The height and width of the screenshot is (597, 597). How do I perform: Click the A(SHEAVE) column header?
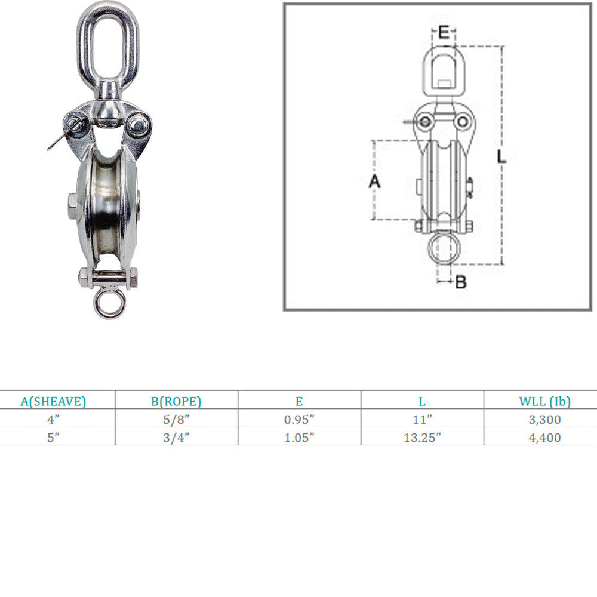tap(53, 401)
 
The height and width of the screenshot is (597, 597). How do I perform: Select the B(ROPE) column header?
tap(176, 401)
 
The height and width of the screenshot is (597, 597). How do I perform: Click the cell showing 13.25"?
tap(422, 438)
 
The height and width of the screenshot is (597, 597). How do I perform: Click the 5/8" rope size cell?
tap(176, 420)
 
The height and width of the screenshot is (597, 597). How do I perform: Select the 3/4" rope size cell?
tap(176, 438)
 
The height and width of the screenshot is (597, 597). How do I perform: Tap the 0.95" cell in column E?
tap(300, 420)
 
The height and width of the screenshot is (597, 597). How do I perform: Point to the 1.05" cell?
tap(300, 438)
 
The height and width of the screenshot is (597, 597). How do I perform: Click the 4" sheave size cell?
tap(53, 420)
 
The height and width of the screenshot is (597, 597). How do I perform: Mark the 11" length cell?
tap(422, 420)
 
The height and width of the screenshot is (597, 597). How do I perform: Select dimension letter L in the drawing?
tap(501, 157)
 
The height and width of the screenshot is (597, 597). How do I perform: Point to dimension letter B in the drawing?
tap(461, 282)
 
